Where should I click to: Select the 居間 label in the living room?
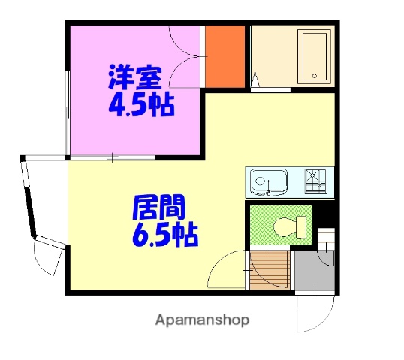coord(159,206)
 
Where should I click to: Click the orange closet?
coord(225,56)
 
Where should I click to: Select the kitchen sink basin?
coord(268,181)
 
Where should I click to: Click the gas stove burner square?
coord(315,181)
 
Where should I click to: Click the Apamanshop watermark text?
coord(202,320)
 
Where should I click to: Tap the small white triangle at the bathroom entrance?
coord(255,78)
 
